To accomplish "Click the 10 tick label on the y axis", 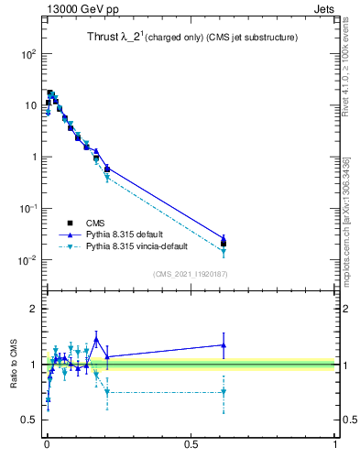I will (x=29, y=105).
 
